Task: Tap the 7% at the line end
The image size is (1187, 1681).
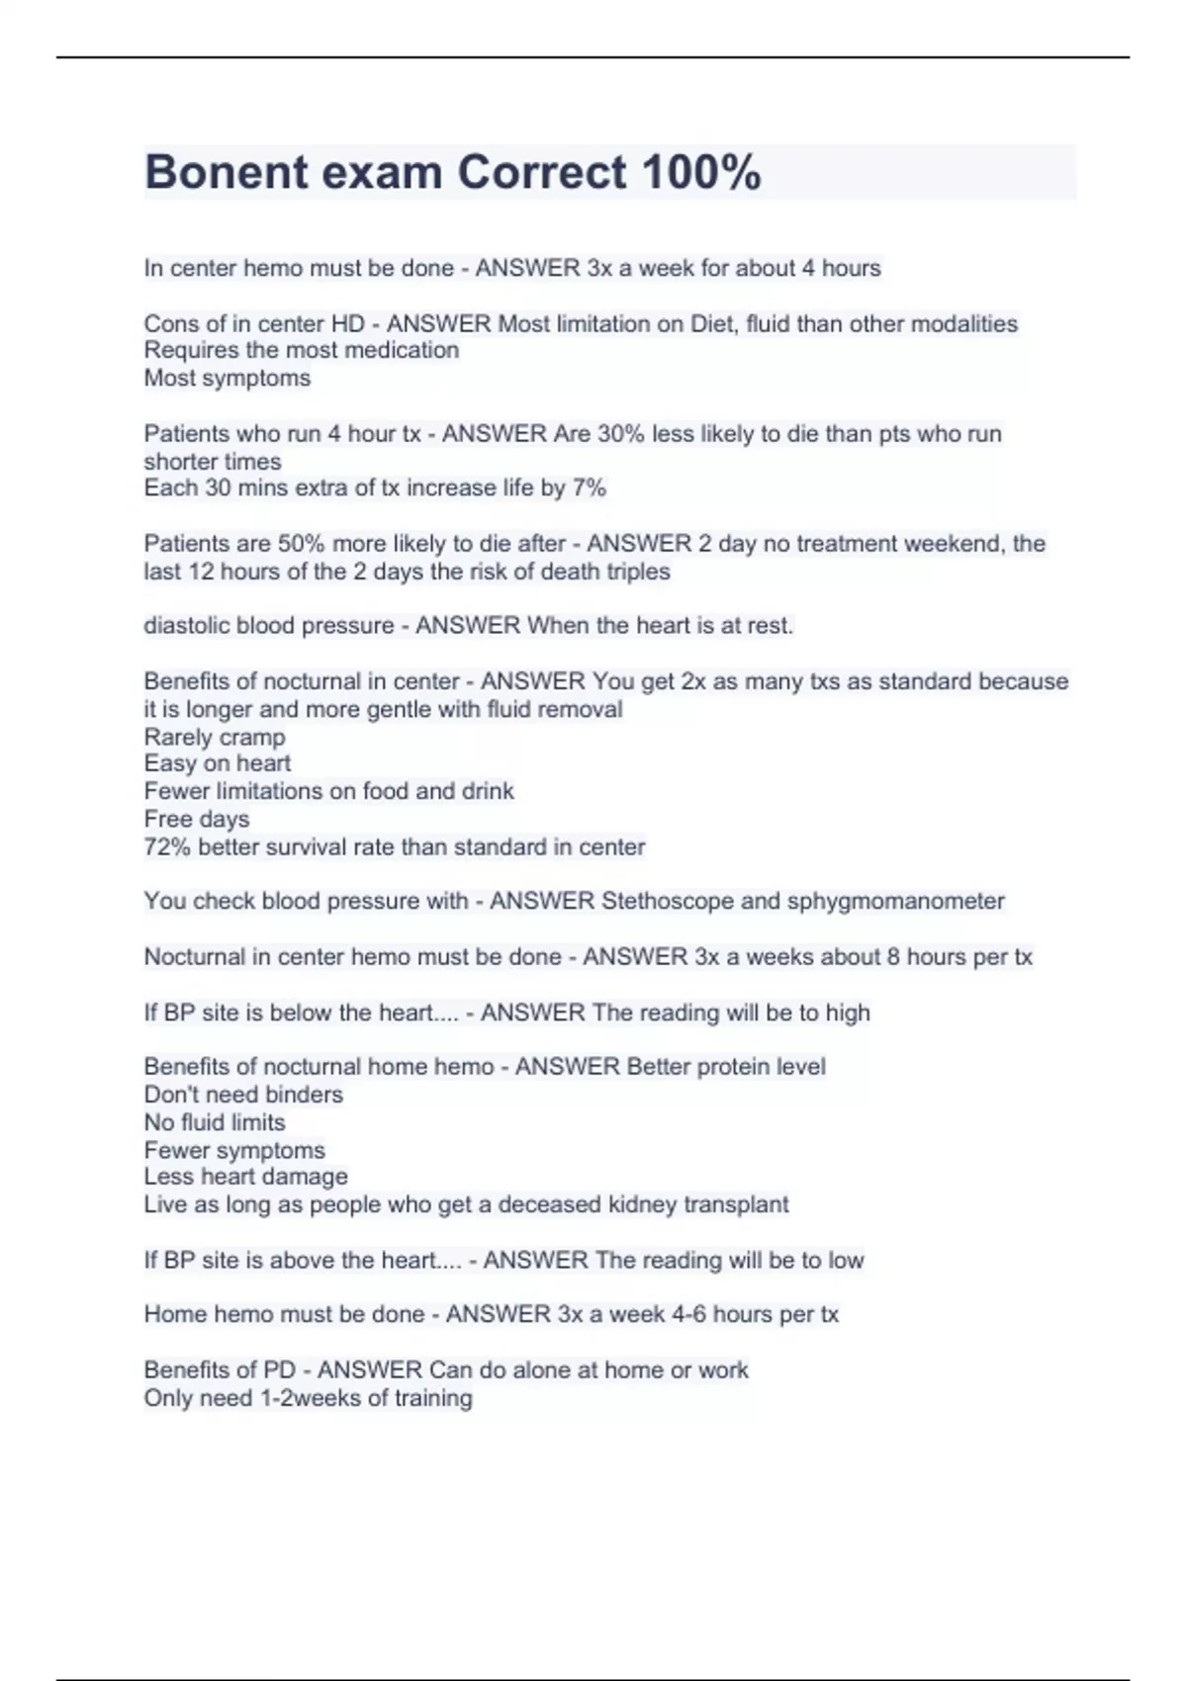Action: click(x=589, y=488)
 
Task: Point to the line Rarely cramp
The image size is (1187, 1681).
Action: click(x=215, y=738)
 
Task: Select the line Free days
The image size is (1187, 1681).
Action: click(x=196, y=820)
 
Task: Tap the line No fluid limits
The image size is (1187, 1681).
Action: click(x=214, y=1122)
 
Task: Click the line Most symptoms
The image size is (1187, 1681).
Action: click(x=227, y=378)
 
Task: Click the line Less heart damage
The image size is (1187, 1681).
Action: click(x=245, y=1177)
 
